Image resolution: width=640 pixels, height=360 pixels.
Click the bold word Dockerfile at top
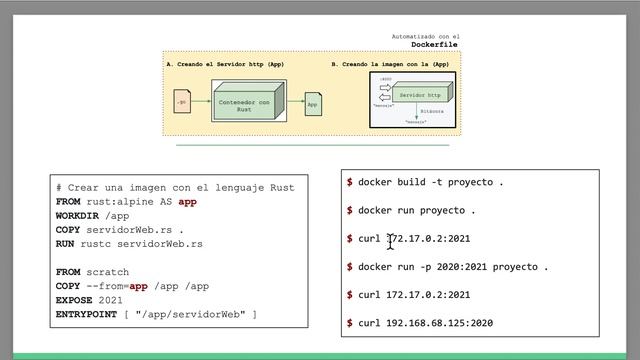(x=435, y=45)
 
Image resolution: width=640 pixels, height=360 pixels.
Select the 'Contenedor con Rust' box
(x=244, y=103)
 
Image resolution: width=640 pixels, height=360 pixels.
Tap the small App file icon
(x=313, y=104)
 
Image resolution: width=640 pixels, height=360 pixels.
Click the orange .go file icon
(x=181, y=102)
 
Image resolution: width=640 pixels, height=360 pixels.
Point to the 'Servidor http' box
(x=418, y=96)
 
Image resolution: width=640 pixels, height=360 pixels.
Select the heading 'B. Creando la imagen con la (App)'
(x=390, y=63)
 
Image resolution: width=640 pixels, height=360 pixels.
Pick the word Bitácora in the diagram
(x=431, y=112)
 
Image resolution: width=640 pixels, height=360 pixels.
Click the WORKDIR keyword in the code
(x=78, y=216)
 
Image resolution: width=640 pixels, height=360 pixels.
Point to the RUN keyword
(x=66, y=244)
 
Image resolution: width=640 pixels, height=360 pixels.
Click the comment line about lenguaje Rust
(x=175, y=187)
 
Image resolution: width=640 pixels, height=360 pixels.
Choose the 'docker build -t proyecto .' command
(x=430, y=182)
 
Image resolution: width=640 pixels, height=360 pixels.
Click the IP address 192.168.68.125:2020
(x=439, y=323)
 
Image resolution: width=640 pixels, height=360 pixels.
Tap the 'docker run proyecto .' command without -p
(x=416, y=211)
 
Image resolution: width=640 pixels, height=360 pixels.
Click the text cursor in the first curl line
(x=391, y=240)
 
